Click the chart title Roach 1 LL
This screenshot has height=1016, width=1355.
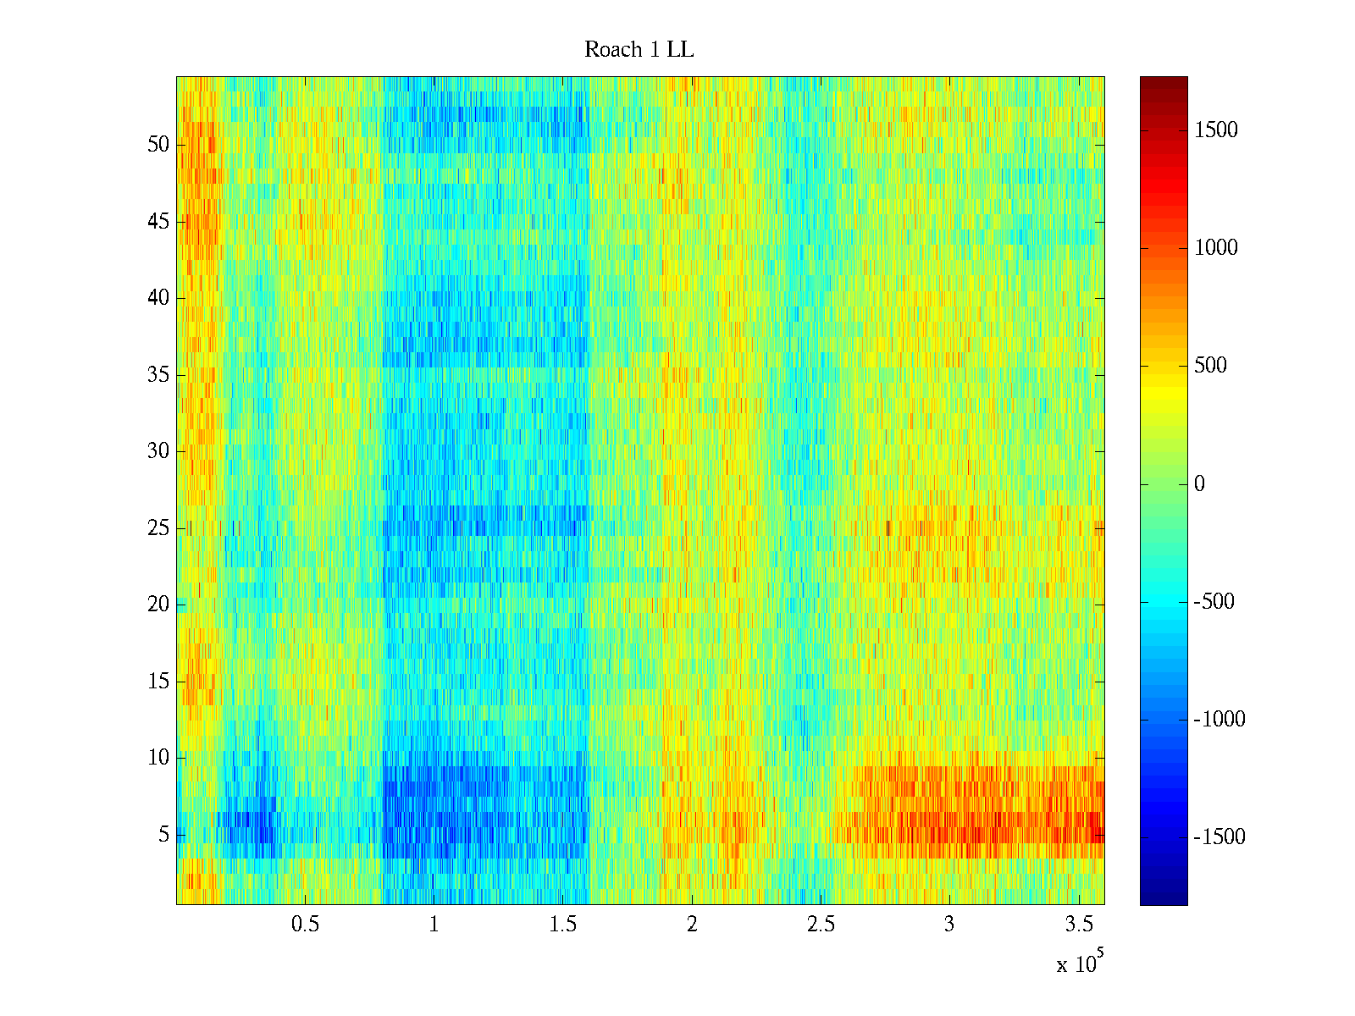click(x=639, y=50)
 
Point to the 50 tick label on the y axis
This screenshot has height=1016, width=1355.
click(x=158, y=145)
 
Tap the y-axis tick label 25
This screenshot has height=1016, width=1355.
click(x=158, y=528)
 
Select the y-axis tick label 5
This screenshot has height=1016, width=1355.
click(x=163, y=835)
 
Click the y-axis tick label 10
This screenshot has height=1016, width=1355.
click(x=158, y=758)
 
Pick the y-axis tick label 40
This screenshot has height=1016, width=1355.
click(x=158, y=298)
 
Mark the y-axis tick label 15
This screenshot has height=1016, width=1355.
click(x=158, y=682)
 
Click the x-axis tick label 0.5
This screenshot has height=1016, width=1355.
click(x=305, y=925)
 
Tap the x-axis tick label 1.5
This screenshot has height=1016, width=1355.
click(x=562, y=925)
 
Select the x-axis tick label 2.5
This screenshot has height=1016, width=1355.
click(x=821, y=925)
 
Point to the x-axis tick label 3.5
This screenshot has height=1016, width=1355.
click(x=1078, y=925)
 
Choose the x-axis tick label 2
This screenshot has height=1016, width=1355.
click(x=692, y=925)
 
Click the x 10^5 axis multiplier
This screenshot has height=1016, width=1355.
click(x=1077, y=964)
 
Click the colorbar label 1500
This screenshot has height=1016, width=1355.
click(x=1216, y=130)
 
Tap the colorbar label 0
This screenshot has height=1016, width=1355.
click(x=1199, y=484)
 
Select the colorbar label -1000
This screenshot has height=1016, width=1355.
click(x=1219, y=720)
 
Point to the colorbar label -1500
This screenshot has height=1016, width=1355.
click(x=1219, y=837)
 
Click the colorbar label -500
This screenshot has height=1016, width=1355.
click(x=1214, y=602)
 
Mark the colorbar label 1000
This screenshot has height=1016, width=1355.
click(x=1216, y=248)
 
